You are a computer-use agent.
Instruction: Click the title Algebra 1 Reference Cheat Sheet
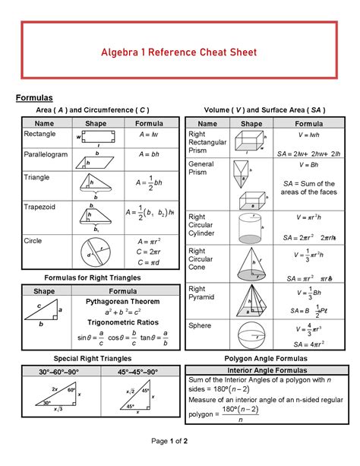[x=179, y=52]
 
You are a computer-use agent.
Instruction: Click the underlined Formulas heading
[x=34, y=98]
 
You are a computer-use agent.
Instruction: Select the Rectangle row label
[x=40, y=135]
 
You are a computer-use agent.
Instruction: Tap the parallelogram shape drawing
[x=95, y=160]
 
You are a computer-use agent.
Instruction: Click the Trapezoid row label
[x=40, y=205]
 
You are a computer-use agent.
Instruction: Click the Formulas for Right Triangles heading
[x=93, y=278]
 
